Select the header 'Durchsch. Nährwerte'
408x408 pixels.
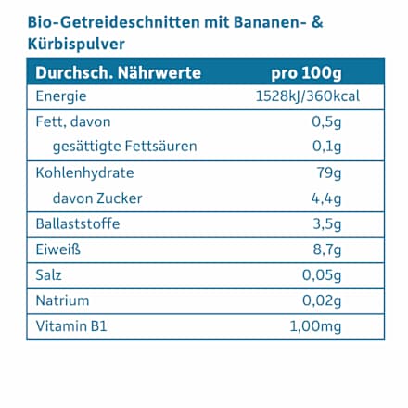[x=118, y=73]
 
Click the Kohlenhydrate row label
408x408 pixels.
[x=84, y=172]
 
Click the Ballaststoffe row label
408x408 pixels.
[x=78, y=223]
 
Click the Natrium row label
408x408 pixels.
[x=63, y=300]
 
